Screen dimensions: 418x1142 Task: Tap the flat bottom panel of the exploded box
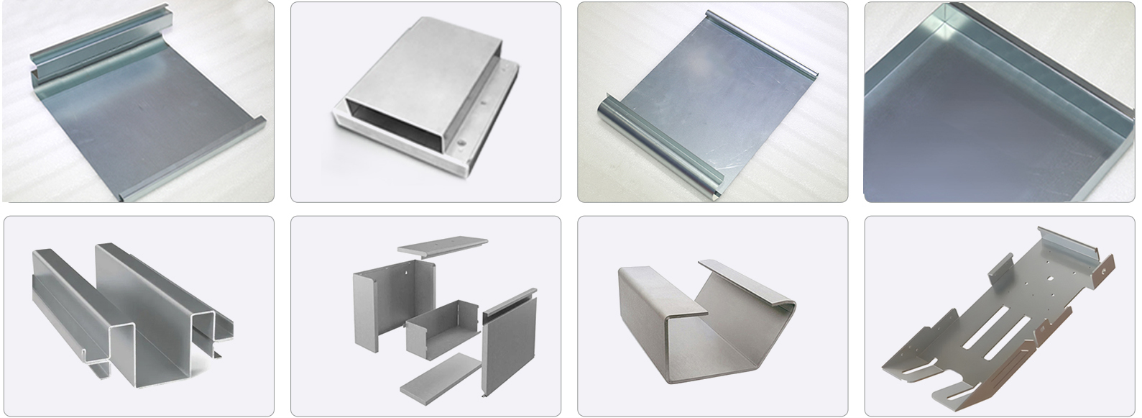click(440, 376)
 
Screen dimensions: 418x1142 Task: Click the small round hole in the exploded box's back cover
click(407, 273)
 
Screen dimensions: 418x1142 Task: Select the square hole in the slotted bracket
click(1052, 274)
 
